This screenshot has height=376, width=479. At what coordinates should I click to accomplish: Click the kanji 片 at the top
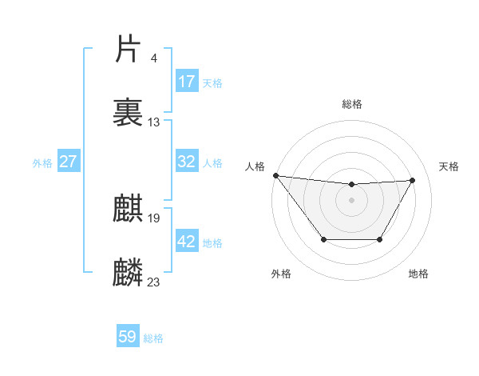click(129, 50)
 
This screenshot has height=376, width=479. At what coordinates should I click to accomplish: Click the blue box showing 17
click(187, 82)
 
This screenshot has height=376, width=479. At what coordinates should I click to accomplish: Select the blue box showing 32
click(187, 162)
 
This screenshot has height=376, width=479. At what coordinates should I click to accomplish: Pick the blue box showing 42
click(187, 242)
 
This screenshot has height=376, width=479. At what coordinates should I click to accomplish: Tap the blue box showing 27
click(69, 162)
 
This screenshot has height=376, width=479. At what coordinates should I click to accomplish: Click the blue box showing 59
click(128, 338)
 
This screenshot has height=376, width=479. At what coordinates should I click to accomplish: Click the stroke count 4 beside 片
click(153, 58)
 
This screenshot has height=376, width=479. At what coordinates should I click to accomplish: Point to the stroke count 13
click(154, 122)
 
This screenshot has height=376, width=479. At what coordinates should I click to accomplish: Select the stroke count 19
click(154, 218)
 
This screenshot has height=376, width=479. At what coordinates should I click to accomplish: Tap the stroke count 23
click(154, 282)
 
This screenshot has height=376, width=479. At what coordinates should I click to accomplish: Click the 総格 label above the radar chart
click(352, 104)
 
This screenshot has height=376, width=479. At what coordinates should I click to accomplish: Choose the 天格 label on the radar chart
click(449, 166)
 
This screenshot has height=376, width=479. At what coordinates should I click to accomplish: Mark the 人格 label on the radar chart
click(255, 166)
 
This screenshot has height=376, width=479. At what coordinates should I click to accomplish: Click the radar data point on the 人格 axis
click(275, 175)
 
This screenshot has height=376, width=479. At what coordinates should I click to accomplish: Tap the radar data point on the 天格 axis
click(413, 180)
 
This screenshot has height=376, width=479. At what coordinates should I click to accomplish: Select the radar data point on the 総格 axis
click(352, 185)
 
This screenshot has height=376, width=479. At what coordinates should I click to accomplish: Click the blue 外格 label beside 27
click(42, 162)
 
